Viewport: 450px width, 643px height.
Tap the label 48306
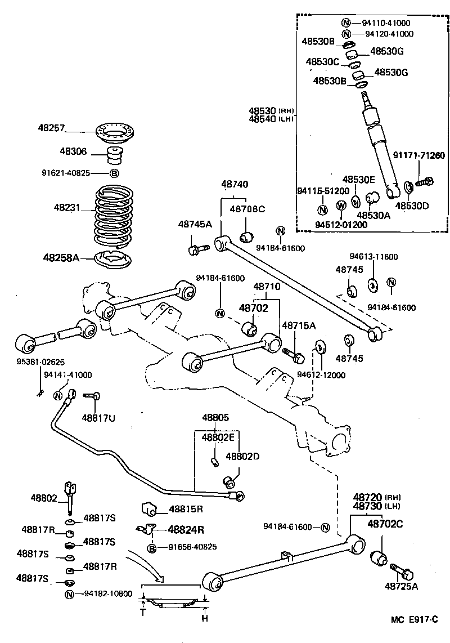(71, 151)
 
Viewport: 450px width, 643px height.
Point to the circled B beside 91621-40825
(114, 173)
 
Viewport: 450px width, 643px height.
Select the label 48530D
(412, 206)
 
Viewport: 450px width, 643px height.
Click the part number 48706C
(247, 209)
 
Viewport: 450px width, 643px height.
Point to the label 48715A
(298, 325)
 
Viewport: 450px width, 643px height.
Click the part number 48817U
(99, 417)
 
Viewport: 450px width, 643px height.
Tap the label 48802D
(242, 456)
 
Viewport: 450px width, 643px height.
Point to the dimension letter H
(205, 619)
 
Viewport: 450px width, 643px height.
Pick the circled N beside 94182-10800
(69, 594)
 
